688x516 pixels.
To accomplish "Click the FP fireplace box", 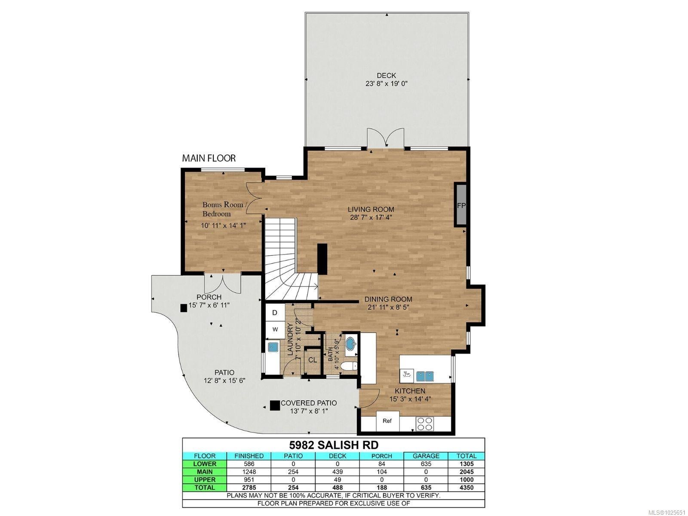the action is [461, 205].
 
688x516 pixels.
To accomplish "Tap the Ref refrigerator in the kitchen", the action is [387, 421].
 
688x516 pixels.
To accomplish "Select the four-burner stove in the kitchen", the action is [424, 424].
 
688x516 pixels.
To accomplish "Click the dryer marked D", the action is [275, 313].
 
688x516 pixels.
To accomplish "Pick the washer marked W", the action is [275, 329].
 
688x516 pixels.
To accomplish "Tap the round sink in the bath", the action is [351, 345].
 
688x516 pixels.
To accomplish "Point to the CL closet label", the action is [313, 360].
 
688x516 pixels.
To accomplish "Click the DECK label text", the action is [386, 76].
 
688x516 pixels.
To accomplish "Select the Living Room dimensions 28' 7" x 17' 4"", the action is [371, 218].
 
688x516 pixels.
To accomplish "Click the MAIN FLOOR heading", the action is [209, 158].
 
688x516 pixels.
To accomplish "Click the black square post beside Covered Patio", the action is [275, 405].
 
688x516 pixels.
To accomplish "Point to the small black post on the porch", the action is [184, 308].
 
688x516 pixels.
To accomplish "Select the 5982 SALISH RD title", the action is [334, 445].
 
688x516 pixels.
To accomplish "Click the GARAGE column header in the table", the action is [426, 456].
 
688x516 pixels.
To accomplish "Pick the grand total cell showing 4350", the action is [467, 488].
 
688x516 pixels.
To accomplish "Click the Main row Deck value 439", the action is [338, 472].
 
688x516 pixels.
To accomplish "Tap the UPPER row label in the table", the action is [204, 479].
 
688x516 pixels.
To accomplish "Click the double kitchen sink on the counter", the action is [425, 375].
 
